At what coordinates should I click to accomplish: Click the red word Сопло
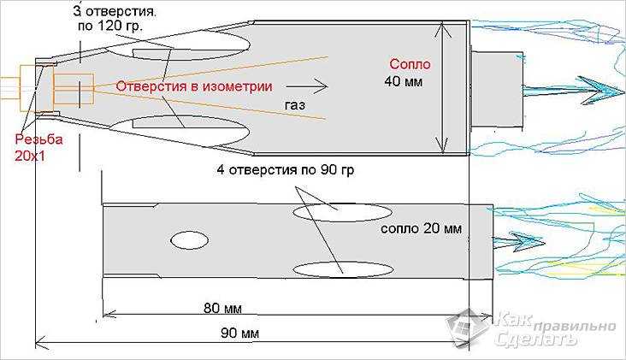410,64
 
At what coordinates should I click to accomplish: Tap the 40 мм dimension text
404,81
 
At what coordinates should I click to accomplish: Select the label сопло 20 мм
422,228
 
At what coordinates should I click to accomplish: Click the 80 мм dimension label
222,308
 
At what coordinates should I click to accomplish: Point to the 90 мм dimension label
239,333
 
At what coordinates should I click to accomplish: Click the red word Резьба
38,139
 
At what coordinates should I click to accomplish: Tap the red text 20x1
30,156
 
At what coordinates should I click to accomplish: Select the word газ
295,105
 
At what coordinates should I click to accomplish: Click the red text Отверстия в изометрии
194,86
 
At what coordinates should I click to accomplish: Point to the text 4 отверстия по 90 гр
286,170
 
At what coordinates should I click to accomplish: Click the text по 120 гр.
109,27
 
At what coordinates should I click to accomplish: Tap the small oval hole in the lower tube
189,240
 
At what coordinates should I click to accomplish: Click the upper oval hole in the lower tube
342,212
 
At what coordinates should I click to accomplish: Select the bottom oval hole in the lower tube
342,269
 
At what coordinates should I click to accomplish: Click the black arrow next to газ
307,86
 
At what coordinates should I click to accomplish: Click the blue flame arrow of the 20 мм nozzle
518,242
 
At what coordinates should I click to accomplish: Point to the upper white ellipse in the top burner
178,43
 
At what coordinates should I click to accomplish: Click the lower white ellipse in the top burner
179,130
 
